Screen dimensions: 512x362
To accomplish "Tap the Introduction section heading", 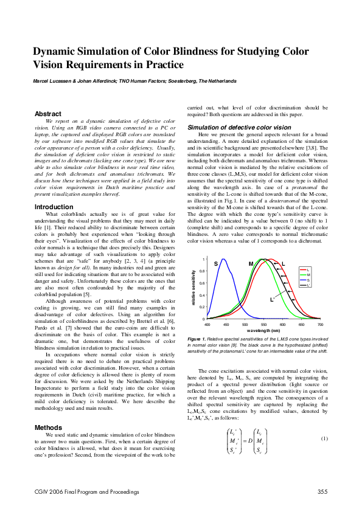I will pyautogui.click(x=54, y=207).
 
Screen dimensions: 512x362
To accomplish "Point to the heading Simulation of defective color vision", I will pyautogui.click(x=231, y=126).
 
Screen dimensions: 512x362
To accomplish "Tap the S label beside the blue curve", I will pyautogui.click(x=215, y=263).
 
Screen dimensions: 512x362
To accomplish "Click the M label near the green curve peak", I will pyautogui.click(x=251, y=264).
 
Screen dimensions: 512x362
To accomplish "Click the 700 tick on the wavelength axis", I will pyautogui.click(x=320, y=325).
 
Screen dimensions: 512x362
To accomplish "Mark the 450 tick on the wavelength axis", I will pyautogui.click(x=226, y=325).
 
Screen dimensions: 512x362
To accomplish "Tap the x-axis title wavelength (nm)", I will pyautogui.click(x=263, y=330).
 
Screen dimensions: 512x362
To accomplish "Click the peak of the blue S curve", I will pyautogui.click(x=224, y=260).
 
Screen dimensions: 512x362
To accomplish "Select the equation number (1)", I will pyautogui.click(x=324, y=438).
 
